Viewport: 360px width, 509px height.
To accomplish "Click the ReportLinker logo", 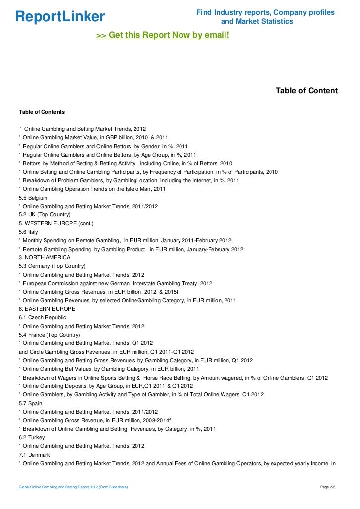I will pos(60,17).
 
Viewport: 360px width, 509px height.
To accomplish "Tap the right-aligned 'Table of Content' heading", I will pos(307,91).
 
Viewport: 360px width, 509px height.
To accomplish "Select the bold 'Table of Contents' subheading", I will pos(42,112).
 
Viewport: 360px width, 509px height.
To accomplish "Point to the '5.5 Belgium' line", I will pos(33,198).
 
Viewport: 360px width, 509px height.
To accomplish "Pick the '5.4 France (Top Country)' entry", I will pos(48,335).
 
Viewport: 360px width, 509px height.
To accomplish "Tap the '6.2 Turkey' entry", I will pos(32,437).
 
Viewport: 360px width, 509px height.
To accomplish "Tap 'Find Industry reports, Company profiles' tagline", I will pos(265,12).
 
